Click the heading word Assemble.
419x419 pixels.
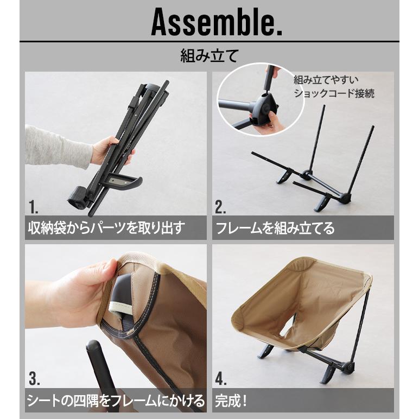tap(216, 22)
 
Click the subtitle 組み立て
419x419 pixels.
tap(209, 56)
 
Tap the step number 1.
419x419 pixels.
tap(34, 207)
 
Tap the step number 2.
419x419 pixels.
tap(220, 207)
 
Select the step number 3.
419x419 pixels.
tap(34, 378)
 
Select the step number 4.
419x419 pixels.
tap(220, 378)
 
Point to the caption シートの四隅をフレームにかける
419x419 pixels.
tap(116, 401)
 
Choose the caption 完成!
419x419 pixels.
tap(232, 401)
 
